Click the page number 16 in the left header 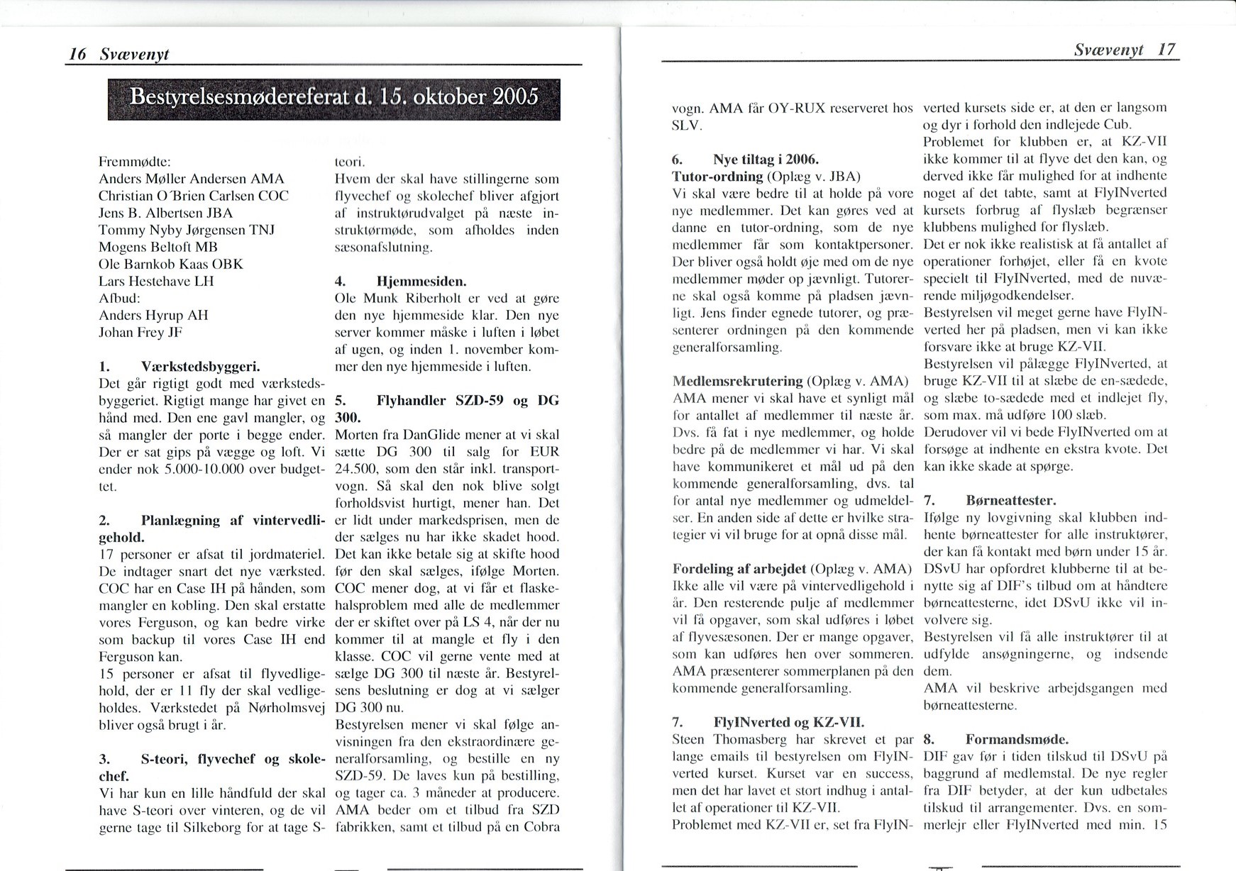(77, 54)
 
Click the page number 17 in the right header (1166, 49)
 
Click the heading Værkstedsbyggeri (201, 367)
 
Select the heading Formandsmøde (1017, 739)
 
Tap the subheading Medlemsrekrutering (737, 381)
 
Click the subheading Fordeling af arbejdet (739, 569)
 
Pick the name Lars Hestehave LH (156, 281)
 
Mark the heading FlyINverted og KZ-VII (788, 723)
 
